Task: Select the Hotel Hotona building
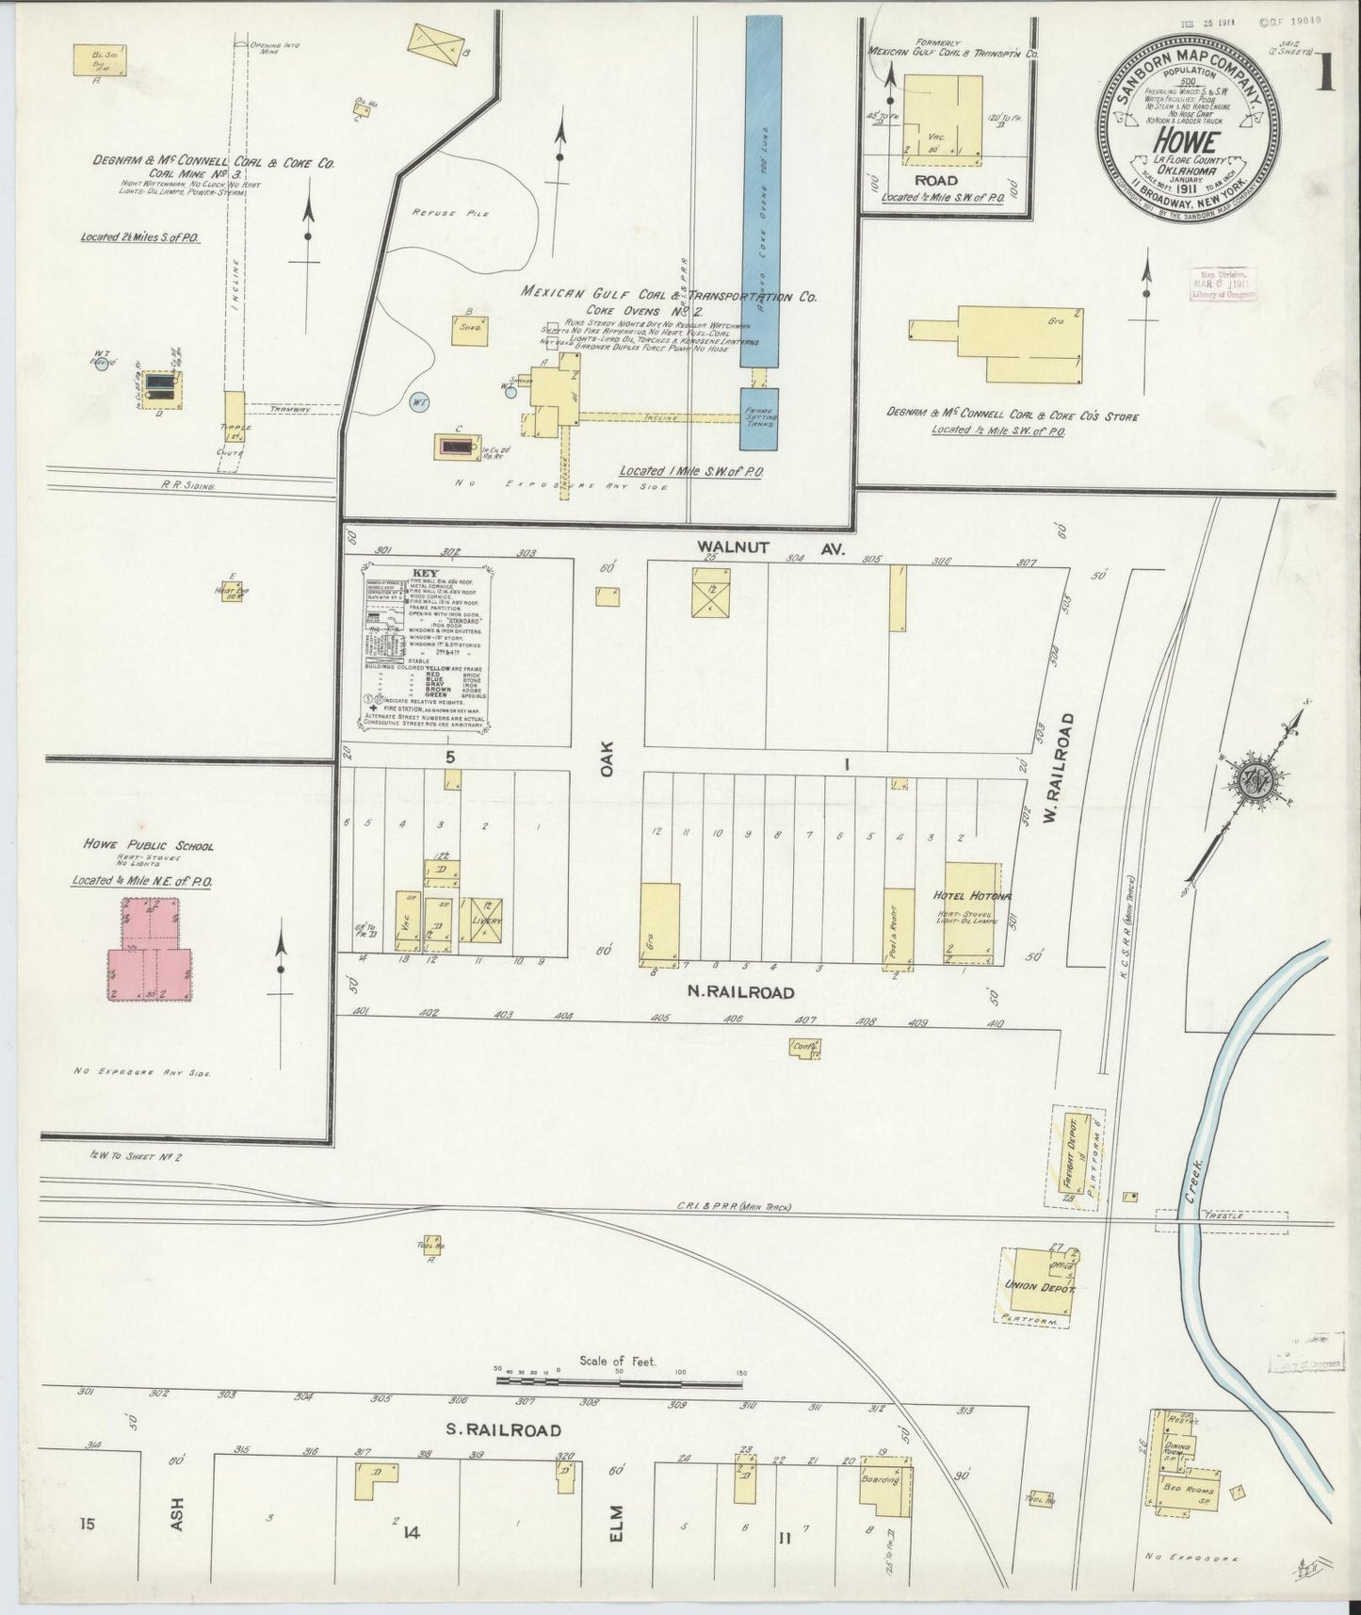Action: pyautogui.click(x=972, y=911)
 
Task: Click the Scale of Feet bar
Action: pyautogui.click(x=619, y=1382)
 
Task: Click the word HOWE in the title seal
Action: pyautogui.click(x=1188, y=141)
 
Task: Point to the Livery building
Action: pyautogui.click(x=487, y=921)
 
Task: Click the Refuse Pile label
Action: pyautogui.click(x=439, y=214)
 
